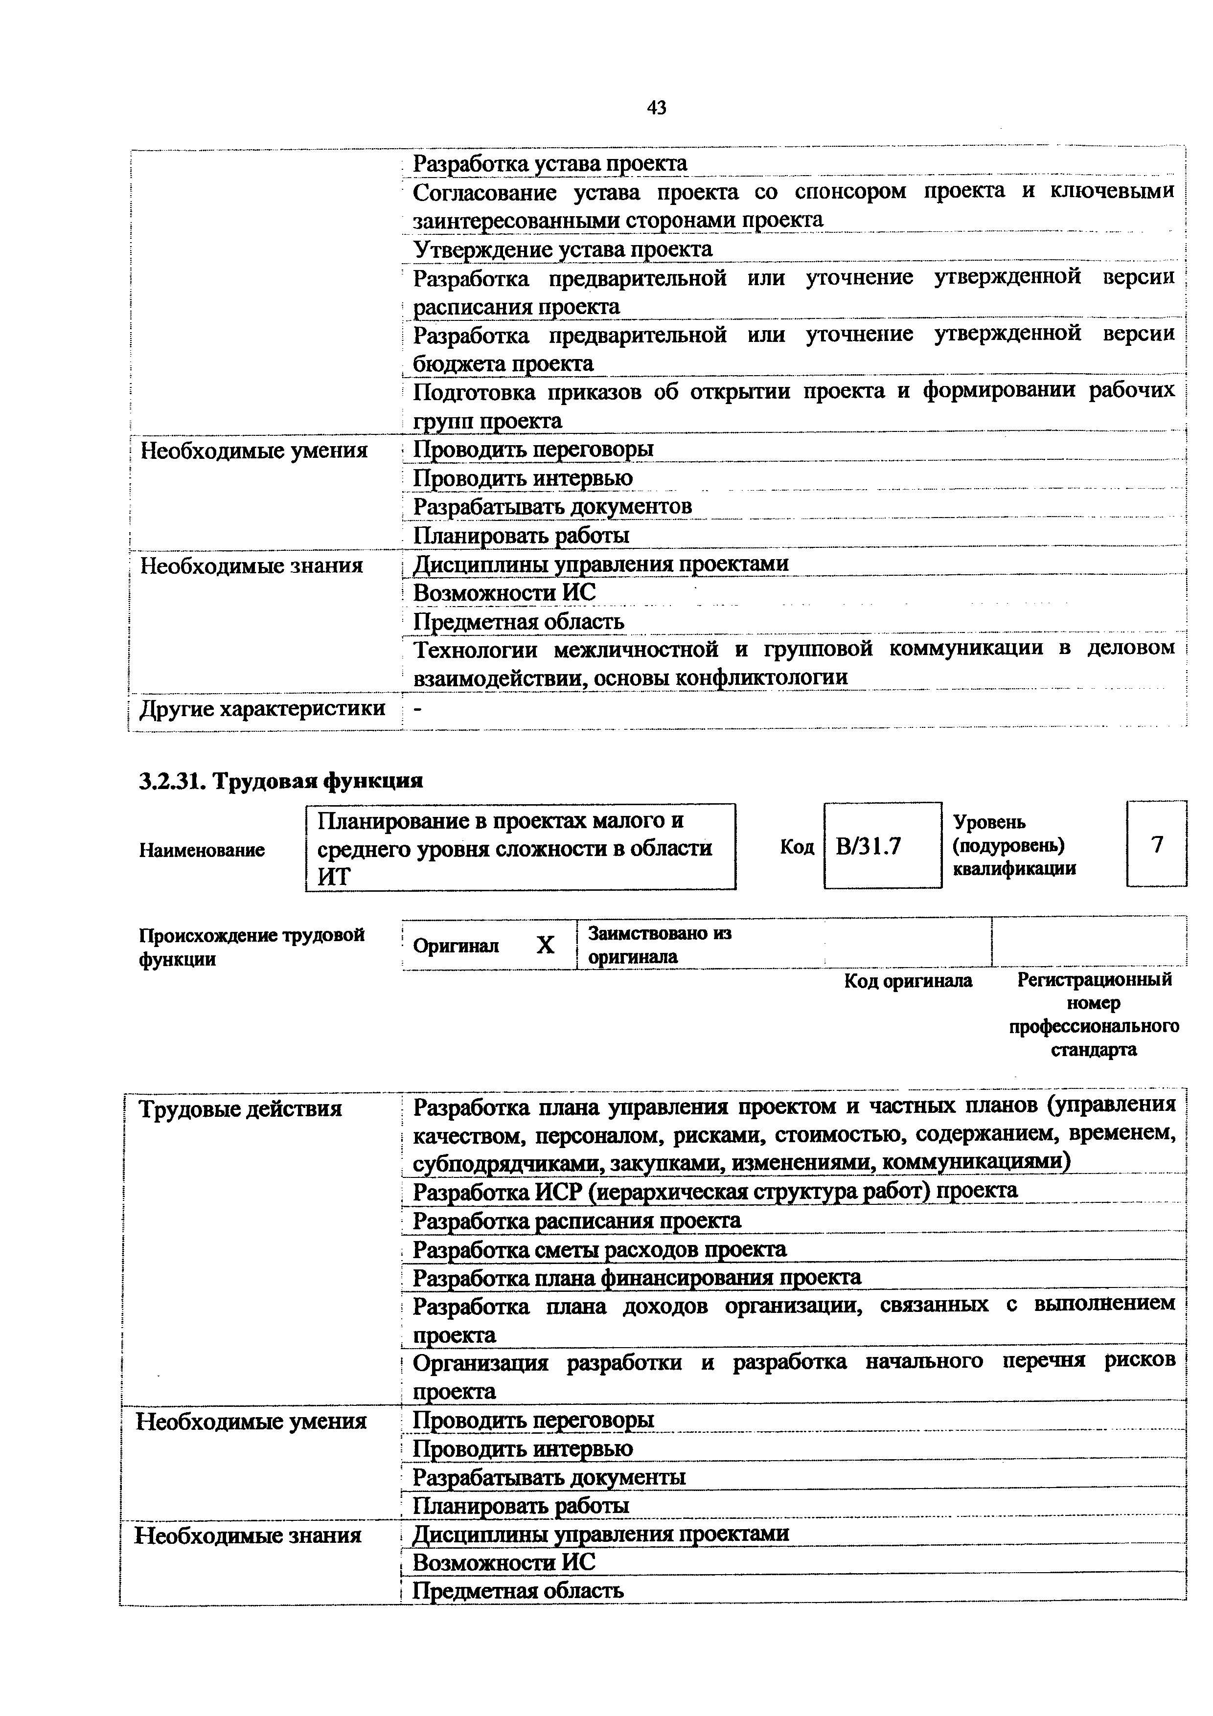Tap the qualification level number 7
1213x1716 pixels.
[1157, 844]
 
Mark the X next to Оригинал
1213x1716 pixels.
[546, 946]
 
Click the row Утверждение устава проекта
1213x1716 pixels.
[562, 249]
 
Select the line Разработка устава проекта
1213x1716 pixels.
[549, 163]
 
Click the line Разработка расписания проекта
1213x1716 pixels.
[576, 1220]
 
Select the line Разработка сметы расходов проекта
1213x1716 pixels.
[599, 1250]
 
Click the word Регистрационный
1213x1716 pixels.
[1094, 980]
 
